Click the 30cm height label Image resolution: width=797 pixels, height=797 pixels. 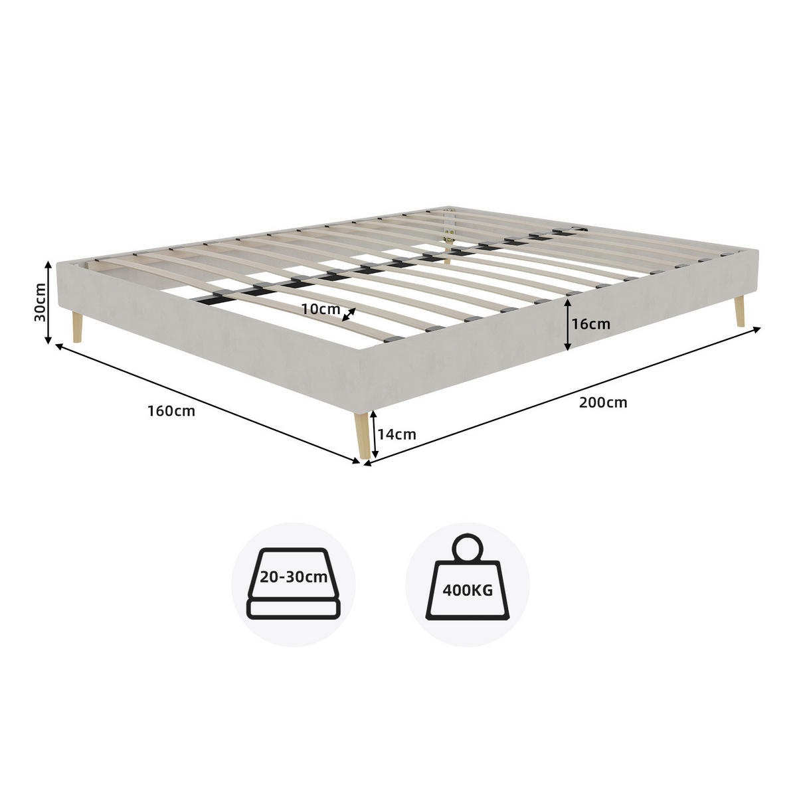coord(40,302)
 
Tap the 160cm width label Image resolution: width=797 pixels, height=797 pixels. coord(171,411)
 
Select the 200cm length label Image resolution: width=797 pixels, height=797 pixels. coord(602,402)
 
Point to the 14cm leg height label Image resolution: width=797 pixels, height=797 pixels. coord(397,434)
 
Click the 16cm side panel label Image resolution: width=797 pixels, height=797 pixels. coord(590,324)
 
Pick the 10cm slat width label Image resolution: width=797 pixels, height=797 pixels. coord(321,309)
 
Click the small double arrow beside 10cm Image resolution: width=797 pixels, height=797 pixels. coord(349,314)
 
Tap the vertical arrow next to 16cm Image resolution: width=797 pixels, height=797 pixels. coord(568,325)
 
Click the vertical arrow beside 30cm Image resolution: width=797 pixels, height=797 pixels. coord(48,302)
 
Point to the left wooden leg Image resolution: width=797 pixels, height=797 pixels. coord(77,327)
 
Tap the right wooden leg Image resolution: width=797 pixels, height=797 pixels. coord(739,311)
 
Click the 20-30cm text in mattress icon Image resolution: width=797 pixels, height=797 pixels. coord(294,577)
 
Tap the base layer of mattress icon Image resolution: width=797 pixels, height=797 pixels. coord(294,609)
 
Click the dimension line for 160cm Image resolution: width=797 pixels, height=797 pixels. coord(208,404)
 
